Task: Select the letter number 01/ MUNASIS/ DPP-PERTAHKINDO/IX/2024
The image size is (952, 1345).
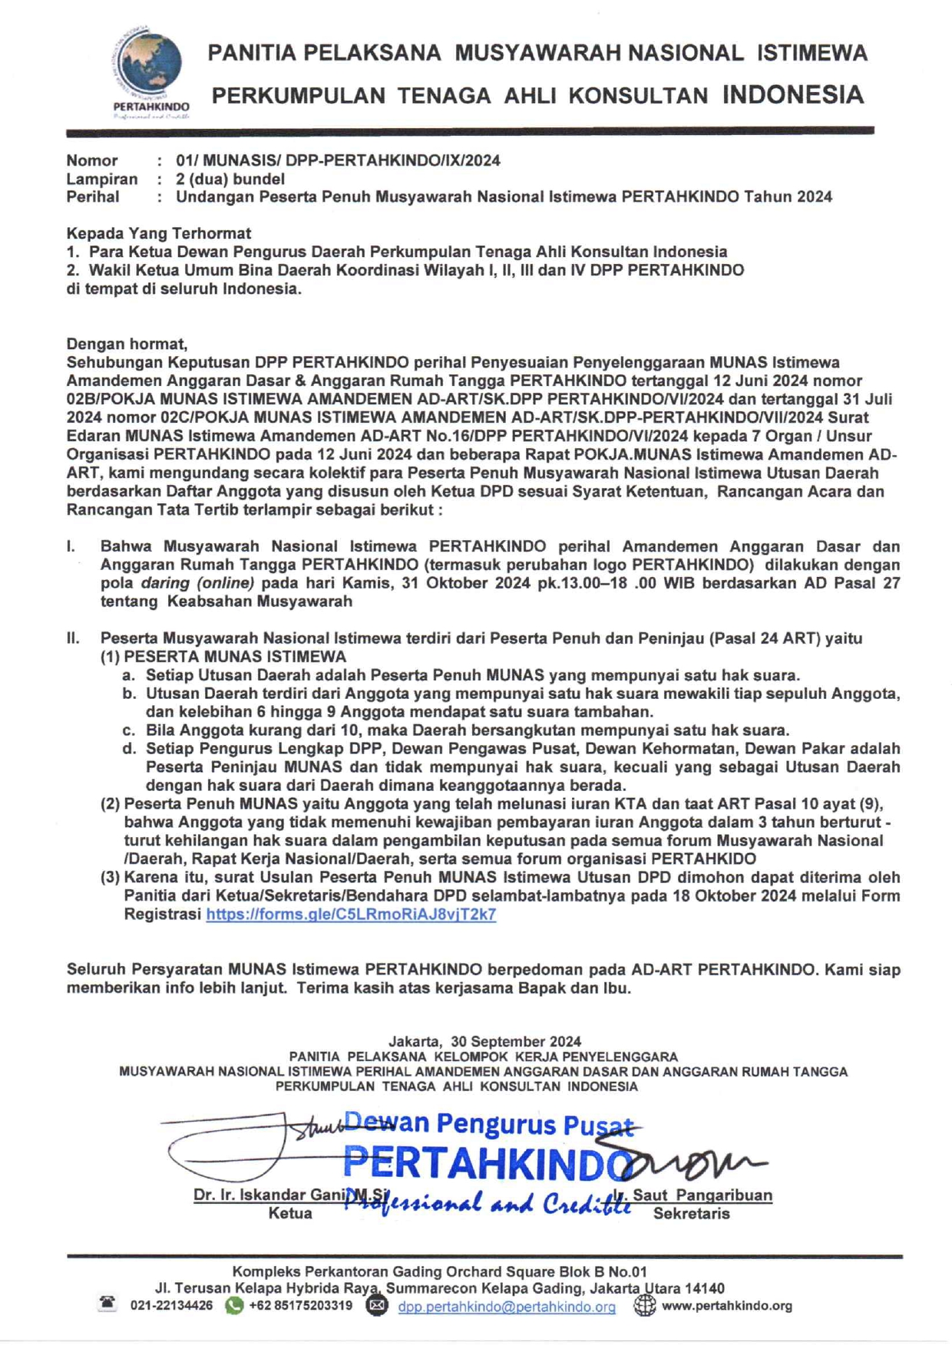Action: click(338, 160)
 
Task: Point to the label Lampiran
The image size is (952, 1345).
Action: click(102, 179)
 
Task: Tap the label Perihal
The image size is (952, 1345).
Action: click(93, 197)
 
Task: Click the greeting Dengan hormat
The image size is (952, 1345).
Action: click(127, 344)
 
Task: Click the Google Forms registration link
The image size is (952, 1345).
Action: click(351, 915)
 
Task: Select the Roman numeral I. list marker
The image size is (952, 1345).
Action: click(71, 547)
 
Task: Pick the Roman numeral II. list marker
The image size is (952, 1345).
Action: click(73, 638)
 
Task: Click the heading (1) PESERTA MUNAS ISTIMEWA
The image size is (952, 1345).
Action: click(223, 657)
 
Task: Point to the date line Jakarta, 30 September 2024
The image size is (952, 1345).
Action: click(484, 1041)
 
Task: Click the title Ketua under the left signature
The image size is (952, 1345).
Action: click(290, 1214)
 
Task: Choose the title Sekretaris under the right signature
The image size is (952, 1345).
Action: click(691, 1214)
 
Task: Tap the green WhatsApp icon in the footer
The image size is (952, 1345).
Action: click(234, 1305)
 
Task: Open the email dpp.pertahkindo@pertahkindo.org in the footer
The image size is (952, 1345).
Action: click(507, 1306)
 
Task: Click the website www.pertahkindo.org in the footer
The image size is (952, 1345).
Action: click(726, 1306)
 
